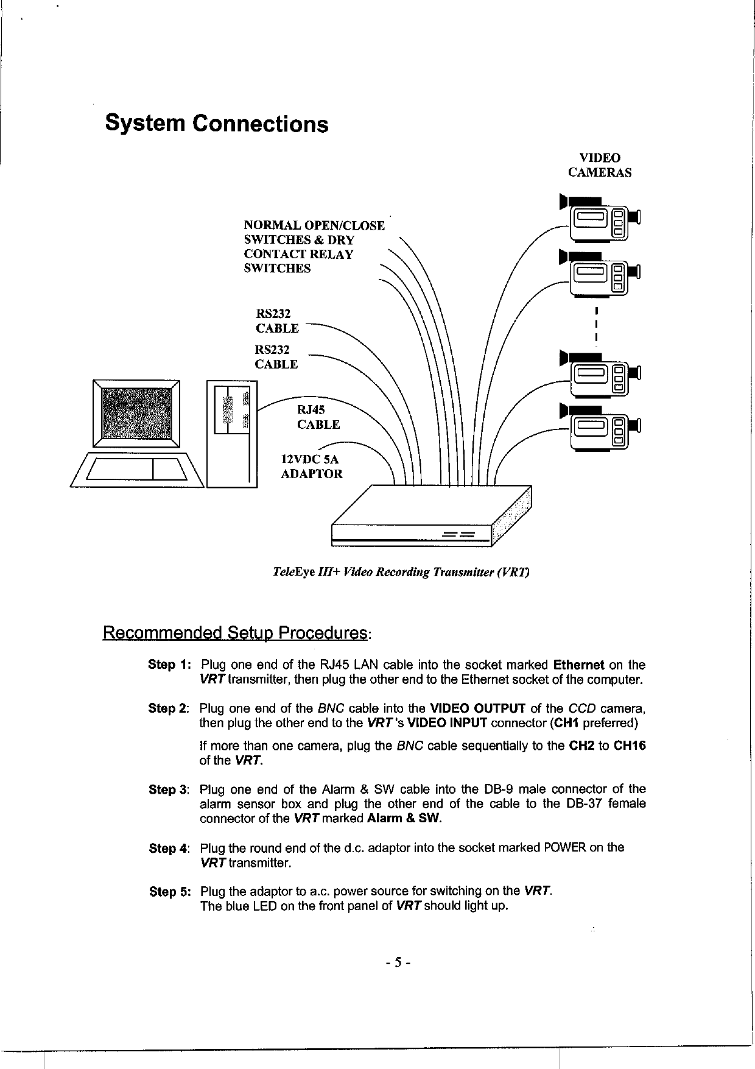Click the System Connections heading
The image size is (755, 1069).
point(216,124)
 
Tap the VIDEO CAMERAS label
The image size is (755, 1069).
point(600,165)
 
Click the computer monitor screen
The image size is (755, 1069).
point(136,414)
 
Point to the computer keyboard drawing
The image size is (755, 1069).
point(136,470)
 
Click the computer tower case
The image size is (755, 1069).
point(232,434)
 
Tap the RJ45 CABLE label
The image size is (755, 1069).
point(318,417)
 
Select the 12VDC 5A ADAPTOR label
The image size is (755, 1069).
point(311,466)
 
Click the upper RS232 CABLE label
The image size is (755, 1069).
point(277,321)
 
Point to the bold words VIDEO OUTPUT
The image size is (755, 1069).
point(477,709)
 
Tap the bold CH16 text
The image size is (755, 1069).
point(630,746)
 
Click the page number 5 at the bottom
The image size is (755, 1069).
point(398,962)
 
